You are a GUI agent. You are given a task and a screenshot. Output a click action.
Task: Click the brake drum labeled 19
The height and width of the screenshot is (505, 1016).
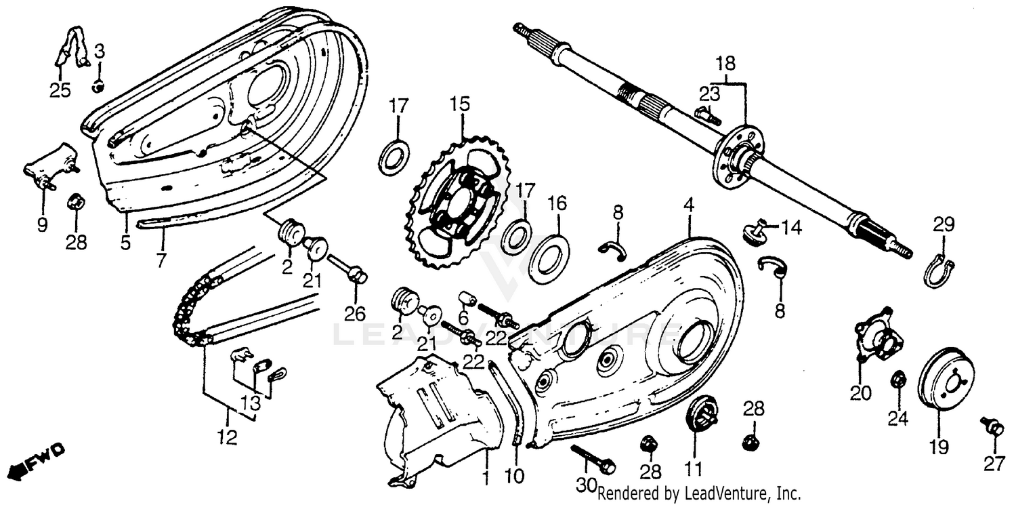[945, 380]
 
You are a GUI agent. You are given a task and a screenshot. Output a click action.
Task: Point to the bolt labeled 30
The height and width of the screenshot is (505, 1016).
[593, 459]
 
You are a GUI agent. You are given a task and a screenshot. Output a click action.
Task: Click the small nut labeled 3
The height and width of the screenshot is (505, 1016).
[98, 86]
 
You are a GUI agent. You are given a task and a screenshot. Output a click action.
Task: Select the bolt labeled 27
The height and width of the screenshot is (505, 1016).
[991, 426]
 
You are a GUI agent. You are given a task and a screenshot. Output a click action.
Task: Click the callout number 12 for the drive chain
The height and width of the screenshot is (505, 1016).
[228, 438]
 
